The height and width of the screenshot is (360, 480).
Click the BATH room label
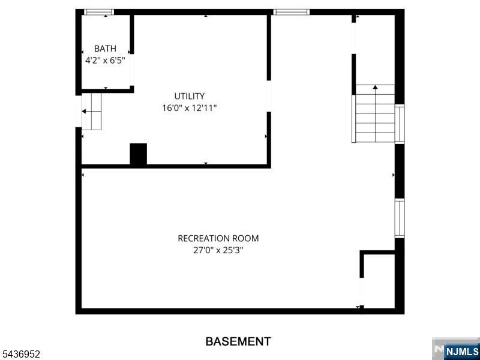point(105,49)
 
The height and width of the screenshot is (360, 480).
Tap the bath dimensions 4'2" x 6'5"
point(105,61)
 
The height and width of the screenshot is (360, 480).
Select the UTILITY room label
point(190,96)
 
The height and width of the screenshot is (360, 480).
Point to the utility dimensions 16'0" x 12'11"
point(190,108)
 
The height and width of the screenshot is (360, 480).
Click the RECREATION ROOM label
point(218,238)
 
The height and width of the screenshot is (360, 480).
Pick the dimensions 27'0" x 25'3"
point(218,250)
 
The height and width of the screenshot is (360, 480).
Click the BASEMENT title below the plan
point(238,341)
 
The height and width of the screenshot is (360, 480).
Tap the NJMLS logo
point(456,349)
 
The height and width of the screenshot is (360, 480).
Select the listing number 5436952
point(20,355)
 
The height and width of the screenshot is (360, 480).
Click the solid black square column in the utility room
point(139,154)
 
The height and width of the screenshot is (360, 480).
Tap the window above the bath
point(99,12)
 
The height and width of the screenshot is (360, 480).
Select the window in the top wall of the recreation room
point(291,12)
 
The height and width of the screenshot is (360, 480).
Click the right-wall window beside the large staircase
point(400,124)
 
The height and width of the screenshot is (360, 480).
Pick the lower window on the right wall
point(400,218)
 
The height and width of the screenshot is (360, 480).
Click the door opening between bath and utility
point(132,70)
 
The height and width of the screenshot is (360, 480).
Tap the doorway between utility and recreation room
point(269,96)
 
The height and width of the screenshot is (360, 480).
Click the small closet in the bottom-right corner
point(379,280)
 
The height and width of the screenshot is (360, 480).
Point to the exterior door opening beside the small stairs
point(79,112)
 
